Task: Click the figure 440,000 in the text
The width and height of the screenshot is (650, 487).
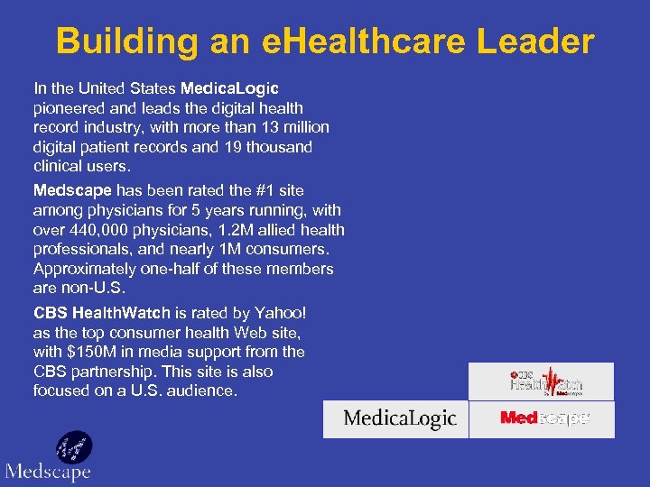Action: [x=102, y=230]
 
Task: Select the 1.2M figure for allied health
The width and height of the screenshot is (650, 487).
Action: [x=223, y=230]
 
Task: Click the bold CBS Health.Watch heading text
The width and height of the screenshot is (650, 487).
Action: [x=101, y=313]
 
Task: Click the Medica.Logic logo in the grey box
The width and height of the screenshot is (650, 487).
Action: [x=399, y=419]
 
